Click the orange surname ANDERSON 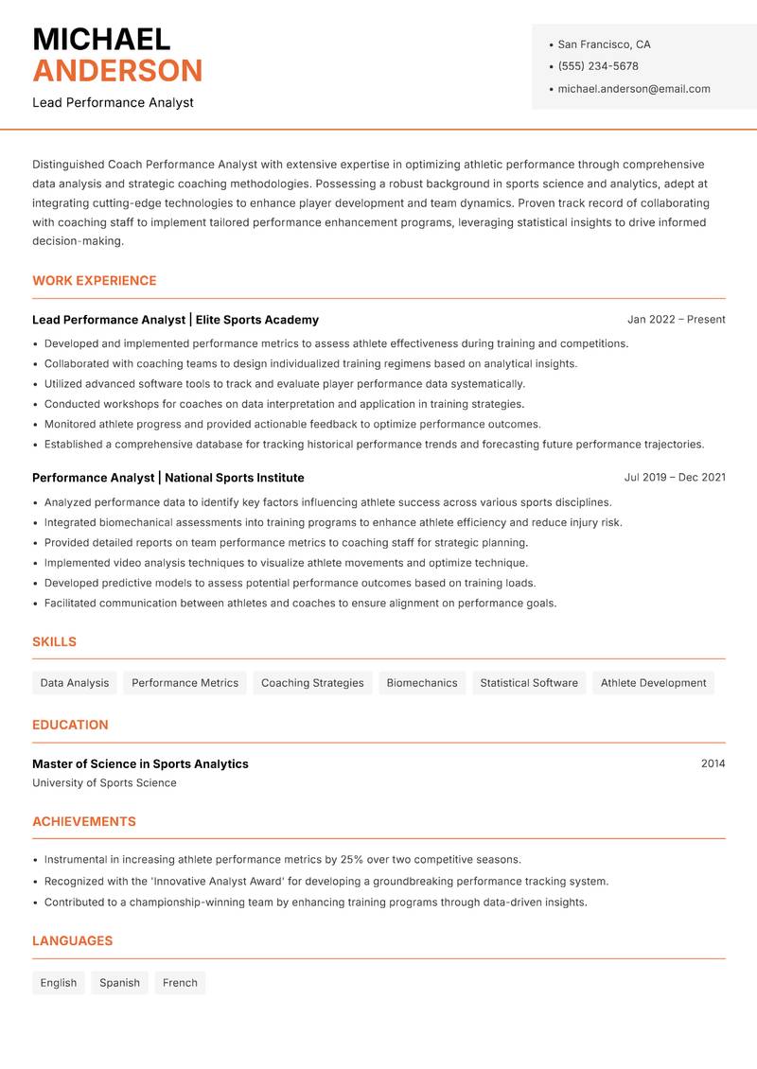click(117, 71)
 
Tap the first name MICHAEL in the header click(101, 39)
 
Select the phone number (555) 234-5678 click(597, 66)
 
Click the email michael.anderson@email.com click(633, 89)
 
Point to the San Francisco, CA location click(604, 44)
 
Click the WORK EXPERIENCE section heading click(94, 281)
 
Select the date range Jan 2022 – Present click(676, 320)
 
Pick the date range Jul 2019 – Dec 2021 click(675, 478)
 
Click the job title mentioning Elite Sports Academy click(175, 320)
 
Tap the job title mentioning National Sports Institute click(167, 478)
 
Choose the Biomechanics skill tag click(421, 683)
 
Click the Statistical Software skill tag click(528, 683)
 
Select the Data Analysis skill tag click(74, 683)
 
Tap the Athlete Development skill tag click(653, 683)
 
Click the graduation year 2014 click(713, 763)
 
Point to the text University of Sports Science click(104, 783)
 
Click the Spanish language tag click(119, 983)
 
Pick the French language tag click(180, 983)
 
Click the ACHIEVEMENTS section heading click(83, 822)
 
